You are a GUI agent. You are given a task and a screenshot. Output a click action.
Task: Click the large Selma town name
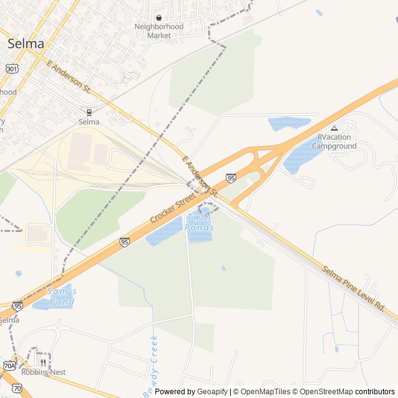coord(25,44)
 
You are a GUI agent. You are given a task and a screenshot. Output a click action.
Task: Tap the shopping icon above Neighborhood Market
coord(159,18)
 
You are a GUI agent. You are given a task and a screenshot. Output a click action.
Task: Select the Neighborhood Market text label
coord(159,31)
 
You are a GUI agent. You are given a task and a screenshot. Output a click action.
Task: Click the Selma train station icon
coord(90,113)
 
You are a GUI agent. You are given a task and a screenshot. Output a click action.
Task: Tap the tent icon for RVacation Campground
coord(334,128)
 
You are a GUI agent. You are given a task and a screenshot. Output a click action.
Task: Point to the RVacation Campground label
coord(334,142)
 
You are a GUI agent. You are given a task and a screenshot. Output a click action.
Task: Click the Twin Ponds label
coord(200,223)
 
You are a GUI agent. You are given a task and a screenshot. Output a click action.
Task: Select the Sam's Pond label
coord(61,296)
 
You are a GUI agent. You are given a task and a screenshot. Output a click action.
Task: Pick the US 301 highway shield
coord(12,68)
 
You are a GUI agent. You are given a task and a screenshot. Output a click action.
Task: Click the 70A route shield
coord(9,365)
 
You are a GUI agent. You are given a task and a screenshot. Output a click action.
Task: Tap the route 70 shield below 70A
coord(17,388)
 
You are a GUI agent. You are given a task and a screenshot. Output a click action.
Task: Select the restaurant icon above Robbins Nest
coord(44,363)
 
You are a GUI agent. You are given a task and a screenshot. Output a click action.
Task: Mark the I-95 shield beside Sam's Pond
coord(17,306)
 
